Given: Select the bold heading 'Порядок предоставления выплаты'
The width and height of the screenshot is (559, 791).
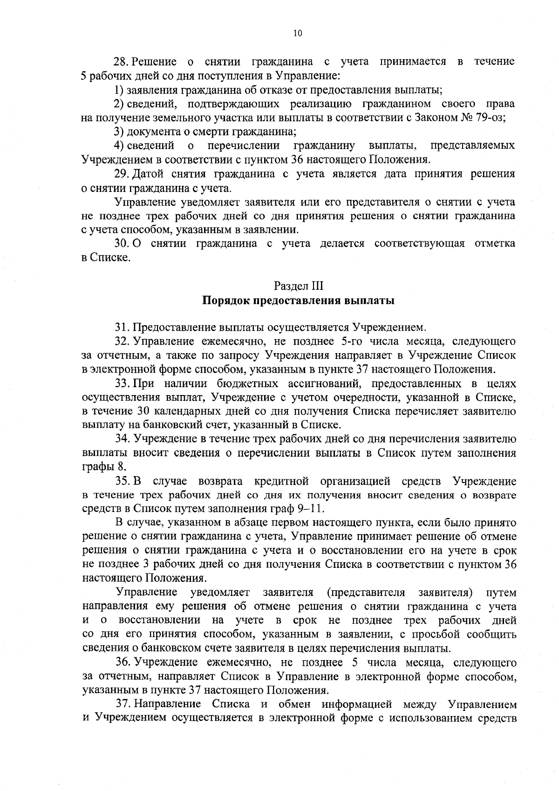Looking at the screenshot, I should (x=298, y=300).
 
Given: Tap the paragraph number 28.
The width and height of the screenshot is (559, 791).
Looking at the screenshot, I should (x=122, y=61).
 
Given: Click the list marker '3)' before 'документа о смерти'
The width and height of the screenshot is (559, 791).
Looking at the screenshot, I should (x=120, y=131).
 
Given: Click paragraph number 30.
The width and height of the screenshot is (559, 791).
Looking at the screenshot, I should (x=122, y=244).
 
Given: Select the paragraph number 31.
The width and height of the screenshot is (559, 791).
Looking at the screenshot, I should (x=123, y=327).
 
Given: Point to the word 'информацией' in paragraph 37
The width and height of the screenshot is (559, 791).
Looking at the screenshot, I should (x=354, y=704).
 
